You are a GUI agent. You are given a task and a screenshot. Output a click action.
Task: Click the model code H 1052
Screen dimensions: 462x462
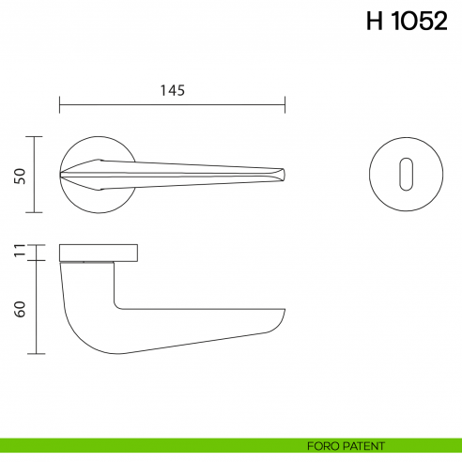tap(407, 23)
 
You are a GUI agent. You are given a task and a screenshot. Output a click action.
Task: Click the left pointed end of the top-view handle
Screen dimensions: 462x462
tap(61, 175)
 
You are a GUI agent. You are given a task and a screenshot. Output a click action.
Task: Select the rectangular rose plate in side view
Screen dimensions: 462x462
tap(100, 252)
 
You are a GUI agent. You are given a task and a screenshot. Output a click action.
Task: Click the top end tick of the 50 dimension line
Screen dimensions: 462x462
tap(35, 137)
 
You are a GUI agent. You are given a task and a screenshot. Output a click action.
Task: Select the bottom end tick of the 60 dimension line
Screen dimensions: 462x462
tap(35, 354)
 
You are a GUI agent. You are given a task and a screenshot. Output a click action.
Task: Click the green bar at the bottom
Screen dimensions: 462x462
tap(141, 445)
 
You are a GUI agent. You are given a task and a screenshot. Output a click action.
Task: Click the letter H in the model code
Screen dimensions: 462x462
tap(374, 23)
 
